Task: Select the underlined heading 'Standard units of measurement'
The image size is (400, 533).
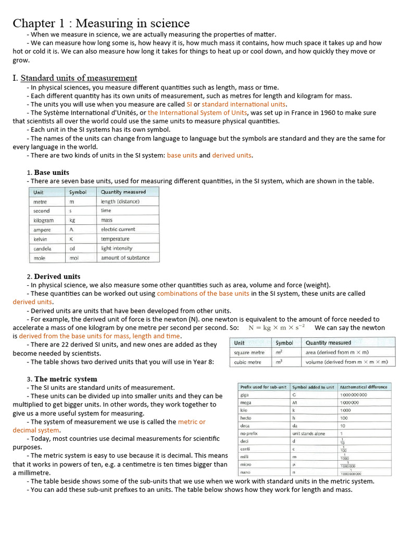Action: click(x=79, y=78)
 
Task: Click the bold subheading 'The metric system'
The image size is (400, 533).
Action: click(x=66, y=379)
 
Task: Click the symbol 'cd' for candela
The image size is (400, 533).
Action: click(x=73, y=248)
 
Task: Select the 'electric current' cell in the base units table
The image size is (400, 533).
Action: click(x=118, y=230)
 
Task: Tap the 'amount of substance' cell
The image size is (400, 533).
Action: click(x=125, y=258)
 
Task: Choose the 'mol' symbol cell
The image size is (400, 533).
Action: click(x=74, y=258)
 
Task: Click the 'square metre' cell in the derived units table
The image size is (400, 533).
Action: click(x=249, y=352)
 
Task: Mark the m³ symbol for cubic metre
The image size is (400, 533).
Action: click(x=280, y=362)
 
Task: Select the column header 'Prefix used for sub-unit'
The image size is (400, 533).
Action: click(x=260, y=387)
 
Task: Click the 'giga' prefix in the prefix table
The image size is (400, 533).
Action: click(x=244, y=395)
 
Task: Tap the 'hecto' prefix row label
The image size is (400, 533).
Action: click(x=245, y=418)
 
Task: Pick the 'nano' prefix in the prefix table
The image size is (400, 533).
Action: click(x=245, y=472)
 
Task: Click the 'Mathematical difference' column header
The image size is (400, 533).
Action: click(x=364, y=387)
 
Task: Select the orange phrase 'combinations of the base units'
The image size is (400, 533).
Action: click(x=203, y=294)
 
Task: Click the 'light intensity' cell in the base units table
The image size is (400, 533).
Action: click(x=117, y=248)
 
